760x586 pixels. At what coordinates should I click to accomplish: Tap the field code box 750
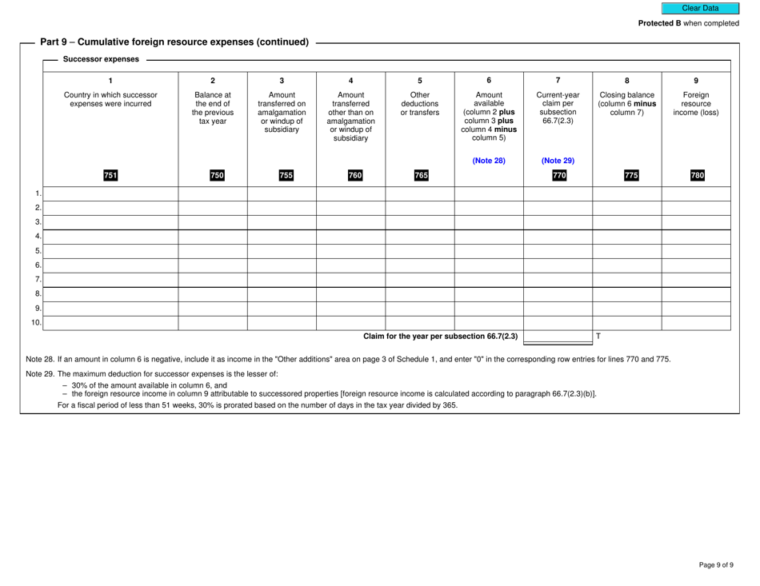pyautogui.click(x=212, y=176)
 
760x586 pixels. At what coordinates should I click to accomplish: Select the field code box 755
pyautogui.click(x=282, y=176)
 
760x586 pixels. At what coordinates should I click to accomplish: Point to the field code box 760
pyautogui.click(x=350, y=176)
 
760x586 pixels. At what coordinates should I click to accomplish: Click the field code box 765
pyautogui.click(x=419, y=176)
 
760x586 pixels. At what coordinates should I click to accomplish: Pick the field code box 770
pyautogui.click(x=558, y=176)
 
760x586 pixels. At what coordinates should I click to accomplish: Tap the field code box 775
pyautogui.click(x=626, y=176)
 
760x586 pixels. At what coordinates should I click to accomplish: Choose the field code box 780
pyautogui.click(x=695, y=176)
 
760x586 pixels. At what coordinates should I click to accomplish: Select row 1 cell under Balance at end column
pyautogui.click(x=212, y=194)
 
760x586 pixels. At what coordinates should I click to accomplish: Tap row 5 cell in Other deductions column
pyautogui.click(x=419, y=251)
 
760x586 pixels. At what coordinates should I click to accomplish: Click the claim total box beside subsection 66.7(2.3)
pyautogui.click(x=558, y=337)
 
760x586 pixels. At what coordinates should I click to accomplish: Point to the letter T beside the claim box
pyautogui.click(x=598, y=337)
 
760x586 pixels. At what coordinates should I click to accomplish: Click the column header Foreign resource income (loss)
pyautogui.click(x=695, y=102)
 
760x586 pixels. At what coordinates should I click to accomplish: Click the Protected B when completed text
pyautogui.click(x=688, y=24)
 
